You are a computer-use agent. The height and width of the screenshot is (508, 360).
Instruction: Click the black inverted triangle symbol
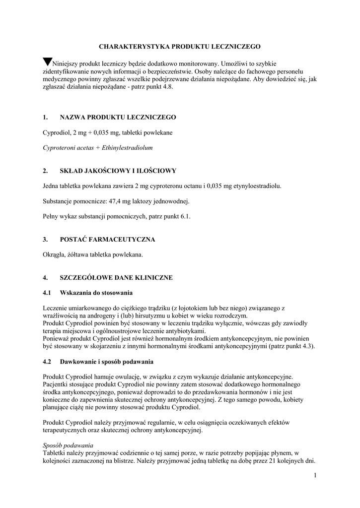pos(47,62)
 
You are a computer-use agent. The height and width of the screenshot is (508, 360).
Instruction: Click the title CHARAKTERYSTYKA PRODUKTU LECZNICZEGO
pos(180,46)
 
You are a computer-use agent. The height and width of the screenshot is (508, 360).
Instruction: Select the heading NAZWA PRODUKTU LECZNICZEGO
pos(118,117)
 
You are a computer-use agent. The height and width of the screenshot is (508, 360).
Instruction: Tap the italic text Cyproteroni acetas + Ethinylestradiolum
pos(98,148)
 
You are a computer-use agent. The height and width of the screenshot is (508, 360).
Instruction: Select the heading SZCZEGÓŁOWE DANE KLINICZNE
pos(116,278)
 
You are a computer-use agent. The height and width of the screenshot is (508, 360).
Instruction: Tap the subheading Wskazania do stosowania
pos(96,293)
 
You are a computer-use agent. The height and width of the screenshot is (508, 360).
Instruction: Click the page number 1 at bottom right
pos(315,476)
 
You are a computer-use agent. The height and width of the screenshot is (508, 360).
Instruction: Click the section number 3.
pos(45,240)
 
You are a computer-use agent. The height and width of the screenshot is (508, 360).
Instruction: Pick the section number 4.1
pos(47,293)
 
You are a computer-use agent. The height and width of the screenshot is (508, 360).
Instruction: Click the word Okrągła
pos(54,254)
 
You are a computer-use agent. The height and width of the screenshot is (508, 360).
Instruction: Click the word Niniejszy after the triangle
pos(68,63)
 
